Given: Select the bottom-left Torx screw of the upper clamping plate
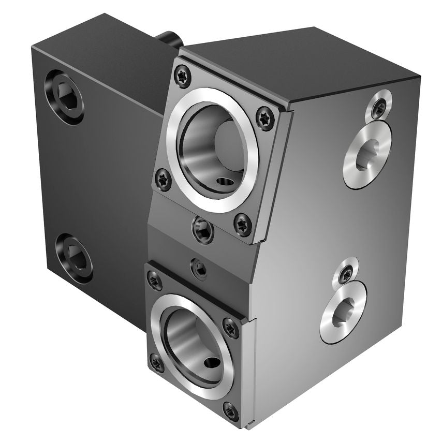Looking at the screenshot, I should [164, 180].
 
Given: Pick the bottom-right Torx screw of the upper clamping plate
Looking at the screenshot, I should [242, 225].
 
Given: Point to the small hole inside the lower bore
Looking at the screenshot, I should [211, 364].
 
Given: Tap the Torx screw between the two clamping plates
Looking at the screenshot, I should [202, 230].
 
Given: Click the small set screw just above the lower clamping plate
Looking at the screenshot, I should [200, 269].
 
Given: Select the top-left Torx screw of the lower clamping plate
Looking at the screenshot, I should [154, 281].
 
